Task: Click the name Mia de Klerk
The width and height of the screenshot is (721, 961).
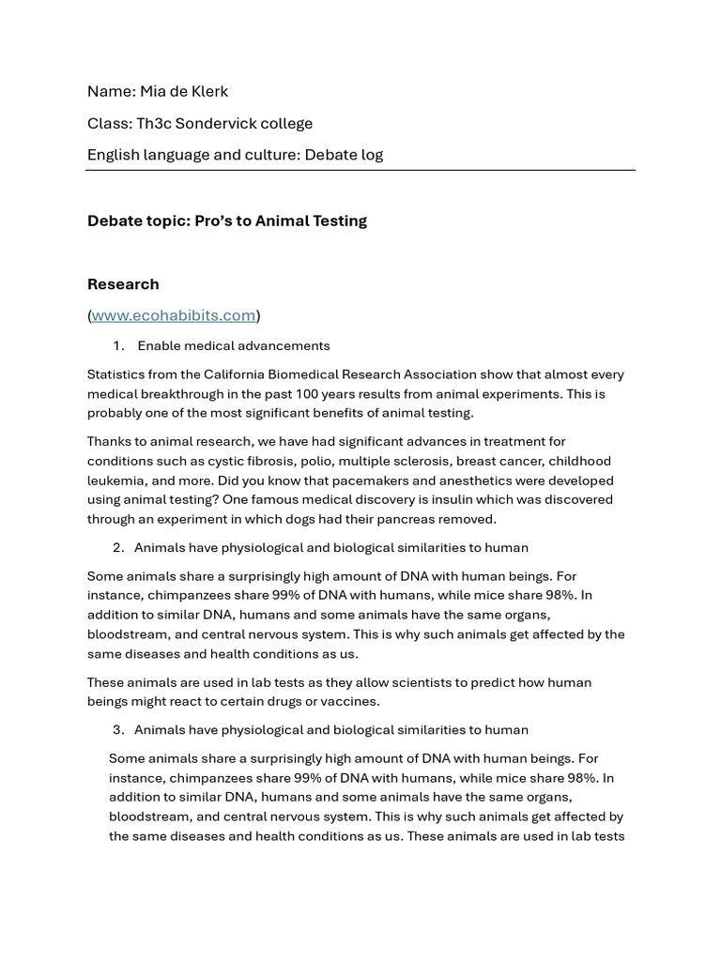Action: tap(184, 91)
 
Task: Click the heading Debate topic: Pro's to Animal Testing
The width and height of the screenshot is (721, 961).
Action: tap(227, 221)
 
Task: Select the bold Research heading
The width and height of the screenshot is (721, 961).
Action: tap(123, 283)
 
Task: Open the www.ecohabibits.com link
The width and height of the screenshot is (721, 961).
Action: tap(174, 315)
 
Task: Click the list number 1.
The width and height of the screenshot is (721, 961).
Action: tap(118, 345)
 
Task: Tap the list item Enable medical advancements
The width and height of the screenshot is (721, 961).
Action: tap(234, 345)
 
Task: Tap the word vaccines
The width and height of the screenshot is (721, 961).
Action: tap(349, 701)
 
